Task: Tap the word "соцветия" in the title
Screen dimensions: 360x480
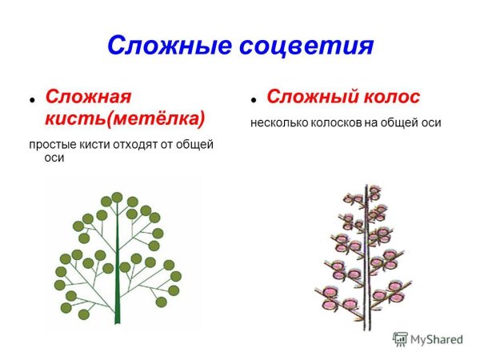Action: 307,46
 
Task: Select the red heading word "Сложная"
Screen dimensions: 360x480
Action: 87,97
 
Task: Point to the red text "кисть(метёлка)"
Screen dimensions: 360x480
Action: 125,118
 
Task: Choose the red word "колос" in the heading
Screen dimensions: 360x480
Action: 391,98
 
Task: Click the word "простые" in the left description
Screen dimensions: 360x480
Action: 51,144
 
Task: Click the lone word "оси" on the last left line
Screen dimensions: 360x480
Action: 54,158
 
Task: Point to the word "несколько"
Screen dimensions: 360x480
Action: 276,123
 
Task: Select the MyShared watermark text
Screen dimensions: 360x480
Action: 437,339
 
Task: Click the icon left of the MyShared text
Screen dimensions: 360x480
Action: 400,339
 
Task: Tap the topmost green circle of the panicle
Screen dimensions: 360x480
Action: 117,197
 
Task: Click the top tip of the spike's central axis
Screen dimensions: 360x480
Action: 367,186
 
